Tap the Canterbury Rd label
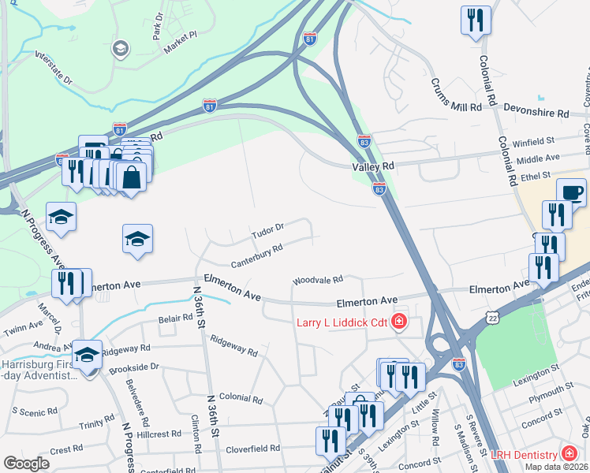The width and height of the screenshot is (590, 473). point(257,255)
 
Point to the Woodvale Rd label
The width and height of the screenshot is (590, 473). point(318,280)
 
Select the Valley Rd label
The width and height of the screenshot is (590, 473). point(372,167)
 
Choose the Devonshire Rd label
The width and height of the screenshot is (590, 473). point(536,114)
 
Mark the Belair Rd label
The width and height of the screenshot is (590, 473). point(175,319)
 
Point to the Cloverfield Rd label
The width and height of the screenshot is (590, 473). point(253,448)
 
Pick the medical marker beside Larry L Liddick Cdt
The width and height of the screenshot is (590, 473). point(400,321)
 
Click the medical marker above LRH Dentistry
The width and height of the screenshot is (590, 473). point(568,454)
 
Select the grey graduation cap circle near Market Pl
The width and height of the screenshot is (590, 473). point(121,48)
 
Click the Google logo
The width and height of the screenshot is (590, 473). point(27,464)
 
